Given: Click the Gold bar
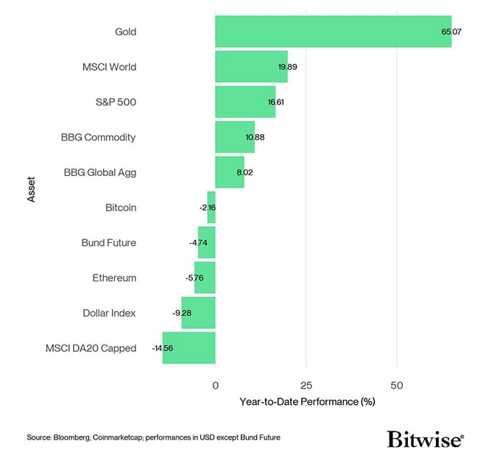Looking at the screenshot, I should [333, 32].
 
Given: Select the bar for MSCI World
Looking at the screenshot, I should [251, 67].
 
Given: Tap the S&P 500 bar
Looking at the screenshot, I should [245, 102].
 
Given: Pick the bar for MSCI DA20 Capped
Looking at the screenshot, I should [188, 348].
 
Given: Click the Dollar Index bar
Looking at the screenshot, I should [198, 313].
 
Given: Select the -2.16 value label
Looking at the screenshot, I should [207, 208].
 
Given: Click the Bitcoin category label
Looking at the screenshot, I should [121, 208].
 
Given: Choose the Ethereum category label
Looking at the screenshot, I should [114, 278].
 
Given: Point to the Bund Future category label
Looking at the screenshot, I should [108, 243].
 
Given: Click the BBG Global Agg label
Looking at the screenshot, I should [100, 172].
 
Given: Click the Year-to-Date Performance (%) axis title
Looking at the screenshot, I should [307, 402].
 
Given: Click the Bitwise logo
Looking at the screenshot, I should [426, 440].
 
